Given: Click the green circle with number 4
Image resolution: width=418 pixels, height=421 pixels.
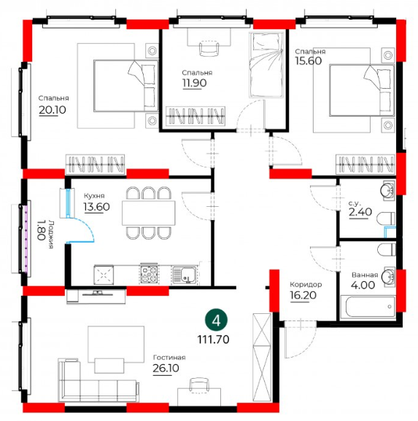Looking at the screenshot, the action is (x=216, y=320).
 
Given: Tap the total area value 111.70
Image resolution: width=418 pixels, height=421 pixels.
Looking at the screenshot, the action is (x=213, y=339).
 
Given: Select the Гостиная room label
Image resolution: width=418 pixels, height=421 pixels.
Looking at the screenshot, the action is (x=169, y=358).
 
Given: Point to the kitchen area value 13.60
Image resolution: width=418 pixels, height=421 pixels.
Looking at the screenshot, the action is (x=97, y=207).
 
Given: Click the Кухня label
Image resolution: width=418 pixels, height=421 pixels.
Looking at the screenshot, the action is (x=94, y=195).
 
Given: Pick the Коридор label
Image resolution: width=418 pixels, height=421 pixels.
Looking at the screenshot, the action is (x=306, y=284).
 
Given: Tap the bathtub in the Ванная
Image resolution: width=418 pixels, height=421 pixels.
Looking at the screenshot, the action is (x=368, y=307).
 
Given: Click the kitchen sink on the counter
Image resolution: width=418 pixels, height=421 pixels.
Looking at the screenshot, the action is (x=185, y=275).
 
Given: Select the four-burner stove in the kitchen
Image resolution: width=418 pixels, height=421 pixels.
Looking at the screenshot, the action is (x=149, y=275).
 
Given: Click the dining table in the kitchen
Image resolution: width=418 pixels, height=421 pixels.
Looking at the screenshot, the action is (x=149, y=213).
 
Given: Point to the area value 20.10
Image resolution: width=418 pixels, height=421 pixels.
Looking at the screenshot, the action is (x=53, y=110).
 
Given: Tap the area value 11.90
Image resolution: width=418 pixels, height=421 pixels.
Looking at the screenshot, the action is (x=195, y=83).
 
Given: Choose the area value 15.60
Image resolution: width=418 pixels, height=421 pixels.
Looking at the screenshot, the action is (x=309, y=61).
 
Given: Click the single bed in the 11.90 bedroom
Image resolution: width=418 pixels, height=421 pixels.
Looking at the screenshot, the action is (x=266, y=65).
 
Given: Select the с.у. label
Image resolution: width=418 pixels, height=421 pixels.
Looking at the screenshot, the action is (x=355, y=202).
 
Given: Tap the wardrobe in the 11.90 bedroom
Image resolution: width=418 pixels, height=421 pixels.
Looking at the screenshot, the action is (x=196, y=117).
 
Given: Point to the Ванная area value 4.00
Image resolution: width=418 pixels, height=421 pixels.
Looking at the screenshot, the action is (x=363, y=285).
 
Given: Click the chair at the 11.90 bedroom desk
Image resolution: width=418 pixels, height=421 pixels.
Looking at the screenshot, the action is (x=209, y=48).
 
